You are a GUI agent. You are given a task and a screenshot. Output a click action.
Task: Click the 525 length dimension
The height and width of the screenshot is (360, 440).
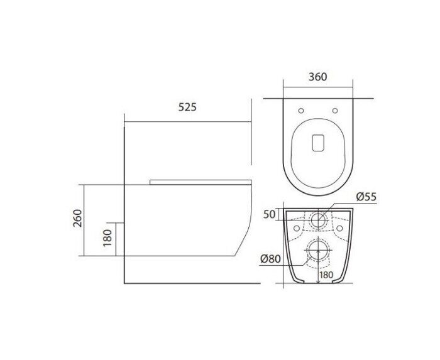pyautogui.click(x=187, y=107)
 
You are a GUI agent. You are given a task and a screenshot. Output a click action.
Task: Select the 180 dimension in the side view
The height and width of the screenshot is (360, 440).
pyautogui.click(x=107, y=238)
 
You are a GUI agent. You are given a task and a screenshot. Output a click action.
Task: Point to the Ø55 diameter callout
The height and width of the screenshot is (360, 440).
pyautogui.click(x=366, y=197)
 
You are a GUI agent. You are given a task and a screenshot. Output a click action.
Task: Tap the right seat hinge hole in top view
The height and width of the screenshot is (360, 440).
pyautogui.click(x=334, y=111)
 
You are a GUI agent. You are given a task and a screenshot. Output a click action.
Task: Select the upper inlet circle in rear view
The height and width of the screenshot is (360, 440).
pyautogui.click(x=319, y=221)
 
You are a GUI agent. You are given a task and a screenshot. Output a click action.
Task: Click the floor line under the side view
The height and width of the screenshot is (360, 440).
pyautogui.click(x=189, y=283)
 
